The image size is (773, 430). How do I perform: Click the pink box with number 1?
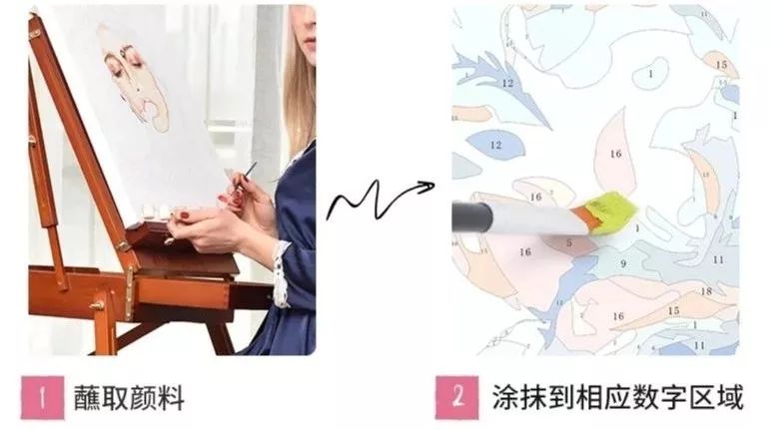tap(42, 397)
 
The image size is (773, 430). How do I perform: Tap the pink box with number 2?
tap(457, 397)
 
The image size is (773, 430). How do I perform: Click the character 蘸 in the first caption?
tap(87, 398)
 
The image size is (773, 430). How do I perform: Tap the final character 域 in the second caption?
tap(730, 397)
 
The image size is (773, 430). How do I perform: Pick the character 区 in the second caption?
tap(702, 397)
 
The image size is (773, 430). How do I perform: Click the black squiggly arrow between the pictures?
tap(380, 201)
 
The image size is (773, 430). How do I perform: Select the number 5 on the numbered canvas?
tap(569, 242)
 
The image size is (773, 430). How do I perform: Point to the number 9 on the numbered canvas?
tap(623, 264)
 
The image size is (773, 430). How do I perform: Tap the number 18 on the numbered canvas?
tap(706, 291)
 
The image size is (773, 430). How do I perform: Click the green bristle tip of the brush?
tap(611, 211)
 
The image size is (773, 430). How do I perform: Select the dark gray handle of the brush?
tap(471, 217)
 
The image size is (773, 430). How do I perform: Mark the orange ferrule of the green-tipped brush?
tap(588, 216)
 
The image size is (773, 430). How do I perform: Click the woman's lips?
tap(310, 40)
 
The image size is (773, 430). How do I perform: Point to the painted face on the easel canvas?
tap(134, 79)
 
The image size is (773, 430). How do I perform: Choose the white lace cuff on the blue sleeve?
tap(282, 273)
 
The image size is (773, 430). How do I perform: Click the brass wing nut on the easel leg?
tap(97, 305)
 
